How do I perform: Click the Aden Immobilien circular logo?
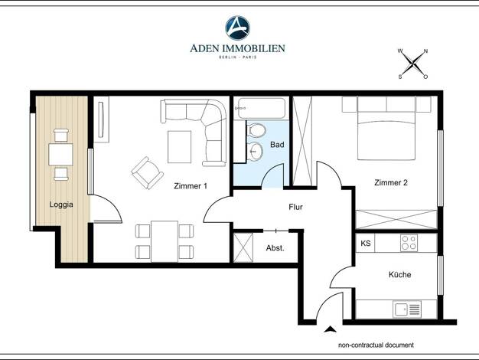point(237,28)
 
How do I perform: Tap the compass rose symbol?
point(412,64)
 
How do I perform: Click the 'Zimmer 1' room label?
point(191,186)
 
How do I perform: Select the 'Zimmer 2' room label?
point(391,182)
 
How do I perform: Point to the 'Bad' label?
point(277,144)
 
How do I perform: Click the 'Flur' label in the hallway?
point(295,207)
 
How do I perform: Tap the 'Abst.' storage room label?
point(275,248)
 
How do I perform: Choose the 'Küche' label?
point(399,274)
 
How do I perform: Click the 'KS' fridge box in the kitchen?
point(365,243)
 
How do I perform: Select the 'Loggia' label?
point(61,205)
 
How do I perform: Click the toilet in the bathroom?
point(256,130)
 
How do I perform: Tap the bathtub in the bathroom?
point(262,108)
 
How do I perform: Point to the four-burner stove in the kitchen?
point(409,243)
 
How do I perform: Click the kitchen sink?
point(407,309)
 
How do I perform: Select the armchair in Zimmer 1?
point(147,173)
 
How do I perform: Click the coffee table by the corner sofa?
point(179,147)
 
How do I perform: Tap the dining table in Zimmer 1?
point(165,241)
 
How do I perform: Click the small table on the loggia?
point(60,155)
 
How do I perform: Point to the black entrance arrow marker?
point(330,329)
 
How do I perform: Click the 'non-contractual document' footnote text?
point(376,345)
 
